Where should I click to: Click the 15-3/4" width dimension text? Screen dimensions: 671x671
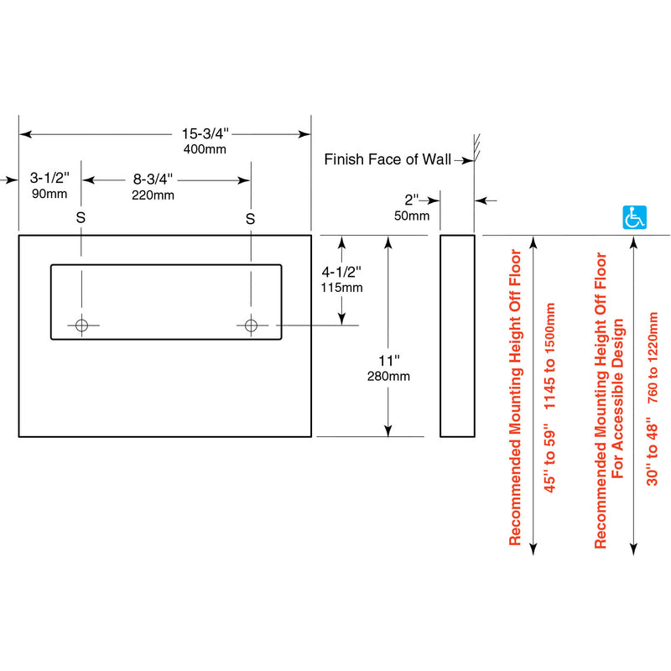click(205, 133)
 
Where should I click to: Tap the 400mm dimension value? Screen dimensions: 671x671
click(205, 148)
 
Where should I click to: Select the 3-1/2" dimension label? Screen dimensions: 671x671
click(50, 179)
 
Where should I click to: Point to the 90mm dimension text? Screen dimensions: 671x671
click(49, 195)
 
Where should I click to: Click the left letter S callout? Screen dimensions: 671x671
click(81, 218)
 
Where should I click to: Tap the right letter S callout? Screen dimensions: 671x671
click(250, 218)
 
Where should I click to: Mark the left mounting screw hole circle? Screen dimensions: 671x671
click(81, 325)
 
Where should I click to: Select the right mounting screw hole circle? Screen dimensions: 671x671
click(250, 325)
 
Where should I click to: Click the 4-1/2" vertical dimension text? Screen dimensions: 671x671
click(341, 272)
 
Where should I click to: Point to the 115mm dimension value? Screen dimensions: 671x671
click(341, 288)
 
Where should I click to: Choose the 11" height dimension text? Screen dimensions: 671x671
click(388, 360)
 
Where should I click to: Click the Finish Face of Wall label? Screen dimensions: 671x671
click(387, 159)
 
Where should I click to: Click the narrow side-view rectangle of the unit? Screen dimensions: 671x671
click(457, 335)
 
